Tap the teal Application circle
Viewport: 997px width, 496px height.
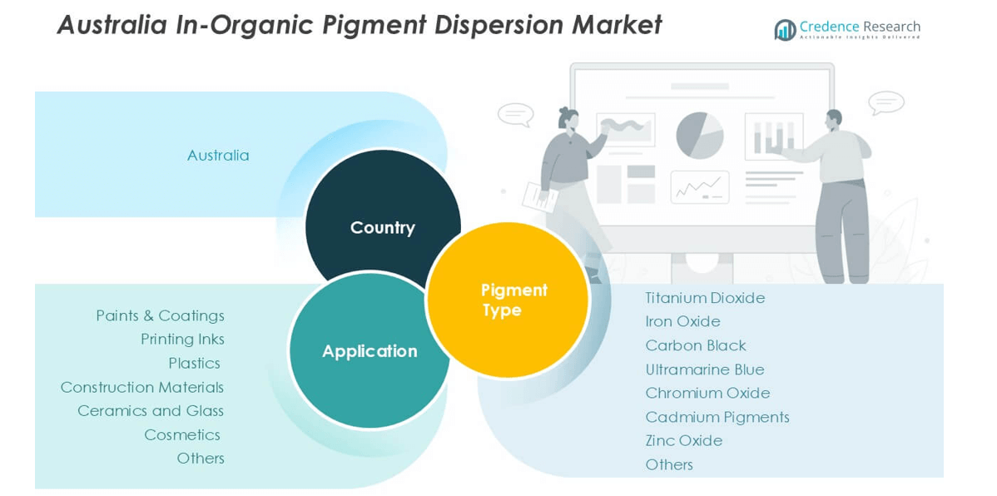[x=370, y=350]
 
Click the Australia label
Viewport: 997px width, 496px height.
[x=218, y=155]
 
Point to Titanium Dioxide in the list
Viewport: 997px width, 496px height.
[x=705, y=298]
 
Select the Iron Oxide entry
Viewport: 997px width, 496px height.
[x=683, y=322]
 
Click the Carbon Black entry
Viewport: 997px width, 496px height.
[x=696, y=345]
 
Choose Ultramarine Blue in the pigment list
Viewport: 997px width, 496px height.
[x=705, y=370]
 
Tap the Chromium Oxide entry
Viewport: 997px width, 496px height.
[x=707, y=393]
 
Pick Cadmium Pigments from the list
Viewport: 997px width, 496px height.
[x=717, y=417]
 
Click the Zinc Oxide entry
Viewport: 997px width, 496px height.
[x=683, y=441]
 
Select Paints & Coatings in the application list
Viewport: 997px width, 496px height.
[x=161, y=315]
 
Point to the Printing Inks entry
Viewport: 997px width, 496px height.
[x=182, y=340]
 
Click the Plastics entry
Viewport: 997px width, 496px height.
[x=195, y=363]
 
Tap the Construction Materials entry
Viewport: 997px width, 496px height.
[x=142, y=387]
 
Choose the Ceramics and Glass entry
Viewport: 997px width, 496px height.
[x=151, y=411]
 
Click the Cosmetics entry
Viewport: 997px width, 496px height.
[x=182, y=435]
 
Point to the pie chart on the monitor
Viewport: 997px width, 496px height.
[x=700, y=136]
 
